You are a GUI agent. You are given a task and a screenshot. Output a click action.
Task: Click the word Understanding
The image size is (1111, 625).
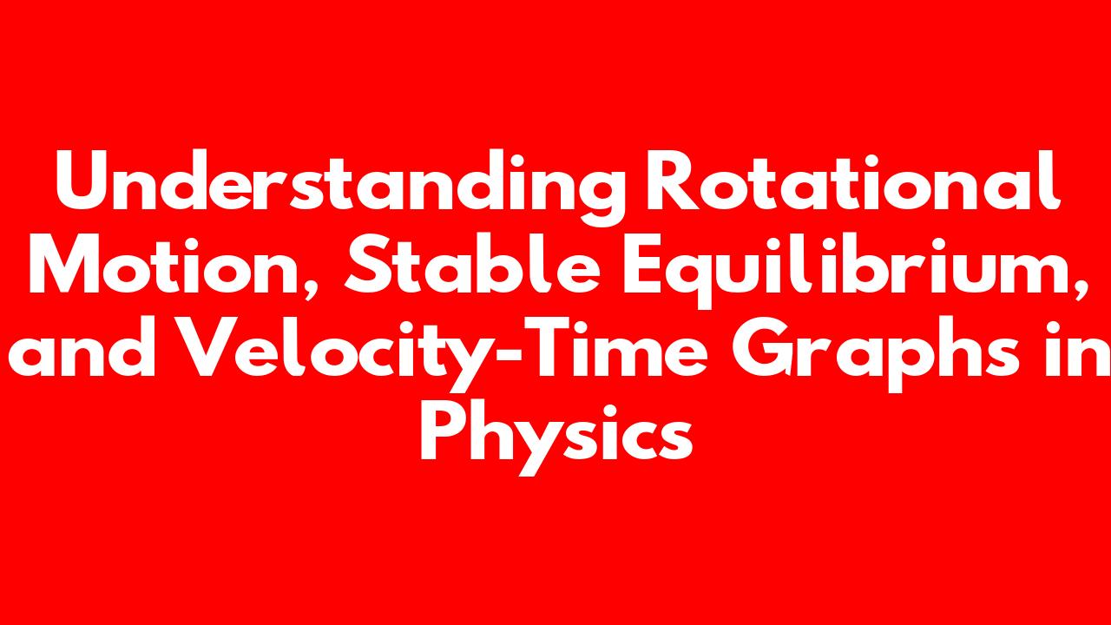point(339,187)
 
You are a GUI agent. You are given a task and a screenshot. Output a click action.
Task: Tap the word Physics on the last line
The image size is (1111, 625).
point(556,437)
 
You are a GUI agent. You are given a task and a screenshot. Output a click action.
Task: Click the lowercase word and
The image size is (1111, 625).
point(82,347)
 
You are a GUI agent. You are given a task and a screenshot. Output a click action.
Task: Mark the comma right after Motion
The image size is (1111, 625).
point(312,290)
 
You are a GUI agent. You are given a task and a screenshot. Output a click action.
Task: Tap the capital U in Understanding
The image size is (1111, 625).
point(84,181)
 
